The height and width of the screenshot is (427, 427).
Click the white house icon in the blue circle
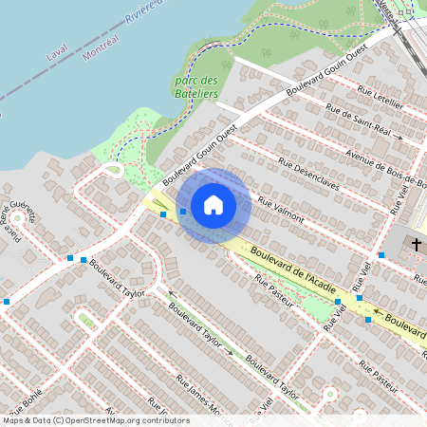tap(213, 204)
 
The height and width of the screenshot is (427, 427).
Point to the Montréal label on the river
tap(100, 46)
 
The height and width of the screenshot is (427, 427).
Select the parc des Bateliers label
tap(196, 86)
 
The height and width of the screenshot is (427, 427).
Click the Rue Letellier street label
tap(381, 99)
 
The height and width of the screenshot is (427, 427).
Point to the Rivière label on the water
tap(142, 9)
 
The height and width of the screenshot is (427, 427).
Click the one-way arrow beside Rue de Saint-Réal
tap(399, 138)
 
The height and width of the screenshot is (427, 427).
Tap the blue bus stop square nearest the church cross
tap(381, 255)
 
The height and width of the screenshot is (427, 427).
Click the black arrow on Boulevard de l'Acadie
tap(377, 310)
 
